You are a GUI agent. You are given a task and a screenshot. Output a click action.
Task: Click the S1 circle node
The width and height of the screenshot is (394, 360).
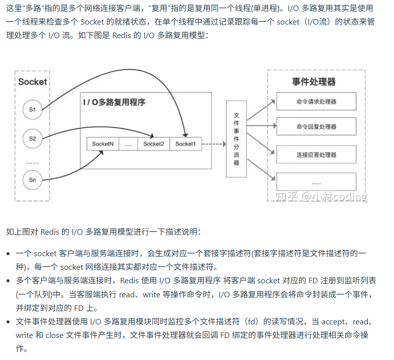pos(33,110)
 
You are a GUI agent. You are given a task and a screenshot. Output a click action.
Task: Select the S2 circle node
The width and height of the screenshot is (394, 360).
pos(33,138)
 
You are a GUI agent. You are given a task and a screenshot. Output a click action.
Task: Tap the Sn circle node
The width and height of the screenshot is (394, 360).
pos(33,180)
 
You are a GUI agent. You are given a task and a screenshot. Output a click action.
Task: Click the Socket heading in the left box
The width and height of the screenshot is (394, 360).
pos(33,82)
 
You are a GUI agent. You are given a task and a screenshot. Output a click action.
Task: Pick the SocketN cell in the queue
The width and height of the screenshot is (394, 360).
pos(103,144)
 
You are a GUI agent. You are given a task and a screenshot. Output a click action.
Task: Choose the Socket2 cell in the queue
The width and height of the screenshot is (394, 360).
pos(153,144)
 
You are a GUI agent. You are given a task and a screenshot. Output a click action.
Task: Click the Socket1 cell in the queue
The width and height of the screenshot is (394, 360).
pos(185,144)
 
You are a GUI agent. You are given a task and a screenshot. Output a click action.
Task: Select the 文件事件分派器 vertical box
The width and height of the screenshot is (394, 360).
pos(237,138)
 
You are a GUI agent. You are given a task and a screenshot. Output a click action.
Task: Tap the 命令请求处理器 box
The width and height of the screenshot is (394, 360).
pos(316,101)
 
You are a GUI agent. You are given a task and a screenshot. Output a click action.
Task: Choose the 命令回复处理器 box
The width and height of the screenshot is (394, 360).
pos(316,127)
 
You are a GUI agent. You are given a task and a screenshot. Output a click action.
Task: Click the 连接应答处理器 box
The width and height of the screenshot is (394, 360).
pos(316,155)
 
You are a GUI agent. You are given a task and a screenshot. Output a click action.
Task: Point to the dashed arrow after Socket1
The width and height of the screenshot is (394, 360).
pos(214,144)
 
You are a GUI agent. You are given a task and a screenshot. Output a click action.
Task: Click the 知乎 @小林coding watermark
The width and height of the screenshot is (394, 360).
pos(321,197)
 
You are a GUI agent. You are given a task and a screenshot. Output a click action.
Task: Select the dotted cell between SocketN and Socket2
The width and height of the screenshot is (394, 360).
pos(128,144)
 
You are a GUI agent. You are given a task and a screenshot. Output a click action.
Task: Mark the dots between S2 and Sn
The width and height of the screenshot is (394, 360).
pos(33,162)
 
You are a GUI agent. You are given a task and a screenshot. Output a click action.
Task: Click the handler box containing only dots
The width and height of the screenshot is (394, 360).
pos(316,182)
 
